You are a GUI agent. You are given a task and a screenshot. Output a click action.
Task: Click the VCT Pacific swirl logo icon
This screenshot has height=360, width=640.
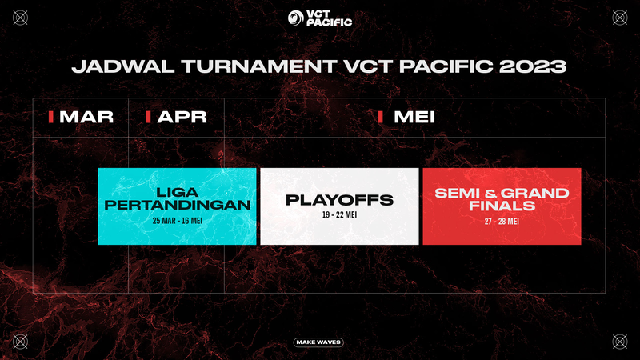coord(295,18)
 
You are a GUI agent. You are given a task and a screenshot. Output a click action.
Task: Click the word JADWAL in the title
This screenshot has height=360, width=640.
coord(123,66)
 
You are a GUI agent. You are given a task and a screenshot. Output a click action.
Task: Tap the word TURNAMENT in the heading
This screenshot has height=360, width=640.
coord(259,66)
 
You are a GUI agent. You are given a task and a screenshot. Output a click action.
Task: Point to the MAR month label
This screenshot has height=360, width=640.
coord(86,117)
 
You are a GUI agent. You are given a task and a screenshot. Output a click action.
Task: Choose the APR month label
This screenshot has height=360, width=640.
coord(182,117)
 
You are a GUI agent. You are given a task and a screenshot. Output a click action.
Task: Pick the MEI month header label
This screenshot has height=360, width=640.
coord(414,117)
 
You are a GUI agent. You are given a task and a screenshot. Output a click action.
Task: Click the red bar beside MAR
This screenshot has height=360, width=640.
coord(51,117)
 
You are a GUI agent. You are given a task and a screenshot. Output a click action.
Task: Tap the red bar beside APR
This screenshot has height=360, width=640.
coord(149,117)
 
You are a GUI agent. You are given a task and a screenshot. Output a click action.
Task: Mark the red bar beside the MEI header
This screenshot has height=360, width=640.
coord(381,117)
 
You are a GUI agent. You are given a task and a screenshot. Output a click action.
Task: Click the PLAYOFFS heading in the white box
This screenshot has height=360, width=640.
coord(339,200)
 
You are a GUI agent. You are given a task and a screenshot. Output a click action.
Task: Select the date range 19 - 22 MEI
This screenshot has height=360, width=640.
coord(339,214)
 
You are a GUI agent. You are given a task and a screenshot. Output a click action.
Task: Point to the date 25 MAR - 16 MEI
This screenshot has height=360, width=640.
coord(177,221)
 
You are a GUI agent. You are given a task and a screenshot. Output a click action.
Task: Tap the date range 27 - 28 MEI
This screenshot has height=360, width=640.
coord(502,222)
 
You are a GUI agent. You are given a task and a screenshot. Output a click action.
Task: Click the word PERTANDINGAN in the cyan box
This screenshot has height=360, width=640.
coord(177,205)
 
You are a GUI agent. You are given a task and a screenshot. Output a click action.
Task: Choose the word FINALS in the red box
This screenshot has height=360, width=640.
coord(502,206)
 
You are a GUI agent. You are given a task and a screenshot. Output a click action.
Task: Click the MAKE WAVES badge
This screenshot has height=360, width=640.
coord(318,342)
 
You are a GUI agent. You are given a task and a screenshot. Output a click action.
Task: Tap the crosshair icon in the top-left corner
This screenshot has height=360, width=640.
coord(21,18)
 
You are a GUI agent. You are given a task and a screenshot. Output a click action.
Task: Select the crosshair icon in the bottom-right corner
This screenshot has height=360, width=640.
coord(619,342)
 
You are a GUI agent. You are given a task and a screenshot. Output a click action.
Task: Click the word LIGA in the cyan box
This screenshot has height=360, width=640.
coord(177,192)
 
